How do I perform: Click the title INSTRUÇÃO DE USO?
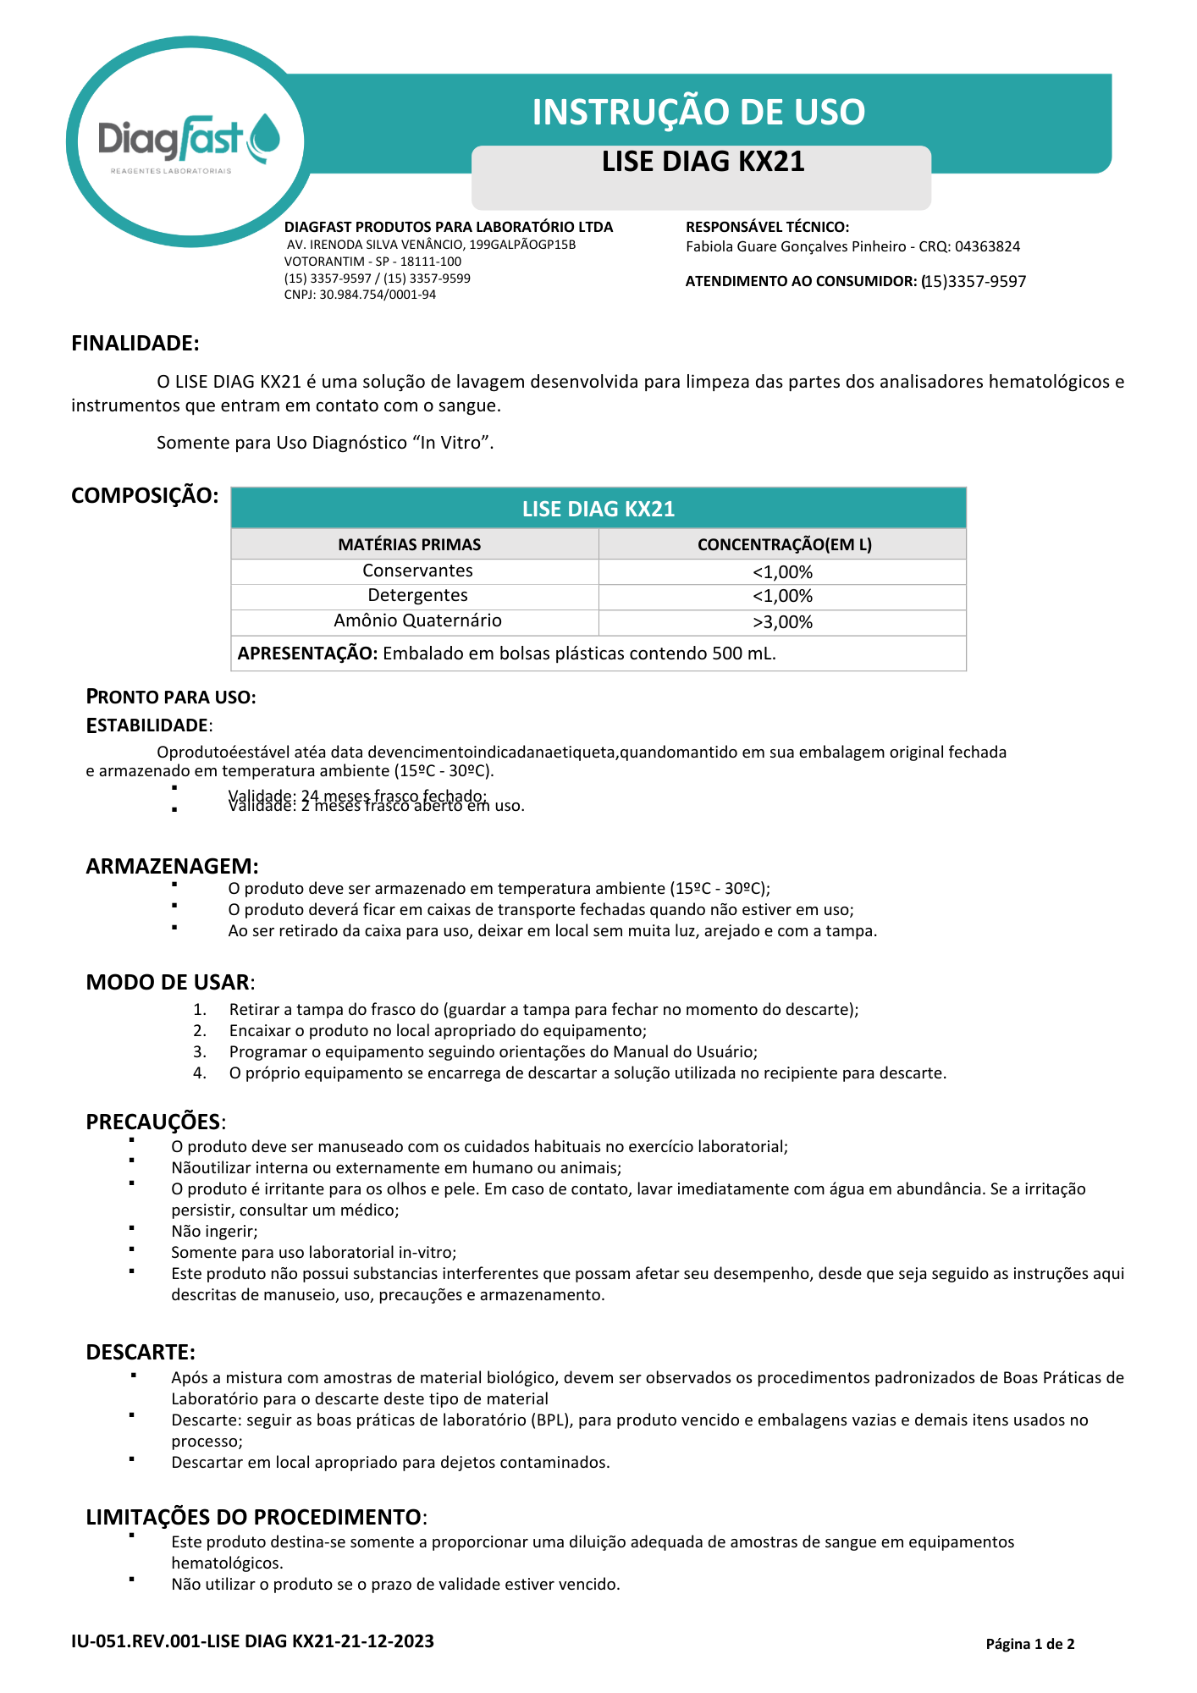click(x=698, y=112)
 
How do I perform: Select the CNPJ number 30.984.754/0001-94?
click(x=378, y=295)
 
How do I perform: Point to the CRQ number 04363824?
click(x=987, y=247)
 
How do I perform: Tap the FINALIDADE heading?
click(x=135, y=343)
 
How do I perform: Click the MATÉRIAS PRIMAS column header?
click(x=410, y=544)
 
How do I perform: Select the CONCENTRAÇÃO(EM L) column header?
click(x=784, y=544)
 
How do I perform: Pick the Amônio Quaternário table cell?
click(x=417, y=620)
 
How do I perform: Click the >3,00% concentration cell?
click(x=782, y=622)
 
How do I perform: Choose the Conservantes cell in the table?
click(x=417, y=571)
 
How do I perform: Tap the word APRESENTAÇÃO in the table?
click(x=307, y=653)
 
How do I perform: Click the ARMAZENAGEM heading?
click(x=172, y=866)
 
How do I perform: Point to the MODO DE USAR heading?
click(x=168, y=982)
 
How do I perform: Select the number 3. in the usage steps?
click(x=200, y=1052)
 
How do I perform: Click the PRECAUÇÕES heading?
click(x=153, y=1122)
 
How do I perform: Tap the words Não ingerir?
click(x=214, y=1232)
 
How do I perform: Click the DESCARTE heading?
click(x=141, y=1352)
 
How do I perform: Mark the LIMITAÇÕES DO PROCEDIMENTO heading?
click(x=253, y=1517)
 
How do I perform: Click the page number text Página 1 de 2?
click(x=1029, y=1644)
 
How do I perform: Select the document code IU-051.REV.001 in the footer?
click(x=136, y=1641)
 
